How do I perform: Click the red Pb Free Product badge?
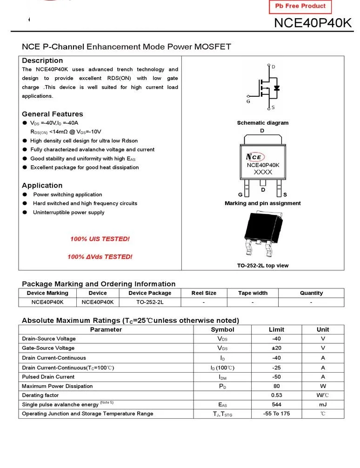[x=300, y=7]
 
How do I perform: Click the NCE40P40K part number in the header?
[x=313, y=23]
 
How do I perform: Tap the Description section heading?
[x=42, y=60]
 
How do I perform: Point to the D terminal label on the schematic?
[x=273, y=67]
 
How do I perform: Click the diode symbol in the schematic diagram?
[x=276, y=87]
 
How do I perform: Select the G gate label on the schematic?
[x=248, y=101]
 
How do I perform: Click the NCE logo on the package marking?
[x=255, y=157]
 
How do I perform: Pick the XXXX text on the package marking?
[x=263, y=172]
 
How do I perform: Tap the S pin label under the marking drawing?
[x=285, y=194]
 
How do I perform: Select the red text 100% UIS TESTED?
[x=100, y=239]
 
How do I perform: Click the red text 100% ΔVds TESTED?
[x=100, y=257]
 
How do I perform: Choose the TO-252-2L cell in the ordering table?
[x=150, y=302]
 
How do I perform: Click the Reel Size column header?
[x=204, y=293]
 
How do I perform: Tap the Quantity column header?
[x=311, y=293]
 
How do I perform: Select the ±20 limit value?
[x=276, y=348]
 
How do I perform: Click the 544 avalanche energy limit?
[x=276, y=405]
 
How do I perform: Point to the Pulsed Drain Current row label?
[x=48, y=377]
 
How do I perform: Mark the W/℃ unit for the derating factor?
[x=323, y=395]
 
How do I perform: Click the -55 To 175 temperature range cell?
[x=276, y=414]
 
